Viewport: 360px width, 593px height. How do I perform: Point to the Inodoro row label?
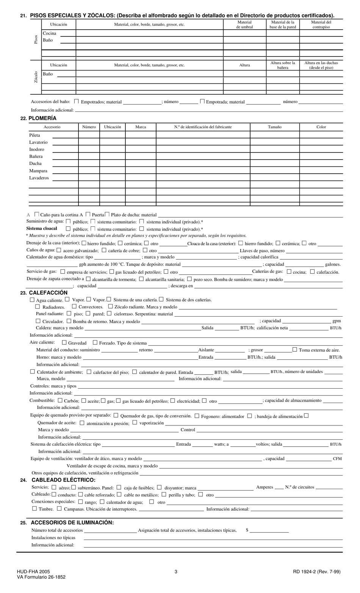click(x=37, y=149)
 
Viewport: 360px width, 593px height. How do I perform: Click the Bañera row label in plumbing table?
click(x=36, y=157)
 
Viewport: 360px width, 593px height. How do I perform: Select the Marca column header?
click(x=141, y=127)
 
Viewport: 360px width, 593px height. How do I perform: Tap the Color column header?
click(x=321, y=127)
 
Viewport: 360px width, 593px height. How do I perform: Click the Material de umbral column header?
click(x=244, y=25)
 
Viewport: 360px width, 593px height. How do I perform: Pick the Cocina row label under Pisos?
click(x=49, y=33)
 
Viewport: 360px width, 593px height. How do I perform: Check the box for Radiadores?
click(x=38, y=306)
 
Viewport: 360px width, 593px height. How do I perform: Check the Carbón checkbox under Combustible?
click(x=60, y=400)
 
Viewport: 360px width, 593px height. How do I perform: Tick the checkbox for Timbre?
click(x=34, y=509)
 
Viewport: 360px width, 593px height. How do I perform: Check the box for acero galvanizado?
click(x=59, y=250)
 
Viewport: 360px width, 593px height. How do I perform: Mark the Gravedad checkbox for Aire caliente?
click(x=64, y=342)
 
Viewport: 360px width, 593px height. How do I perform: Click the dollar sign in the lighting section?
click(x=247, y=530)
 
